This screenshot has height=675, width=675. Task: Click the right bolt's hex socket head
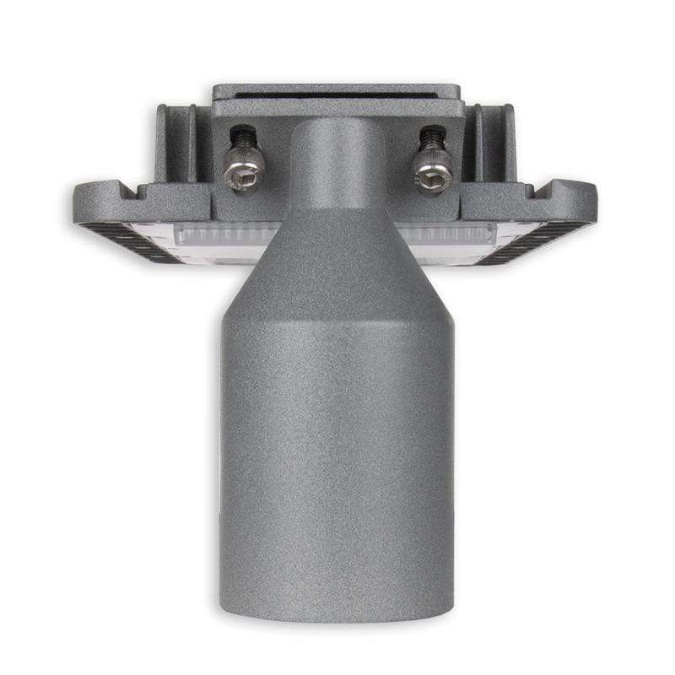[x=431, y=176]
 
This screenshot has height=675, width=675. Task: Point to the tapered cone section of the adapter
[x=337, y=253]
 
